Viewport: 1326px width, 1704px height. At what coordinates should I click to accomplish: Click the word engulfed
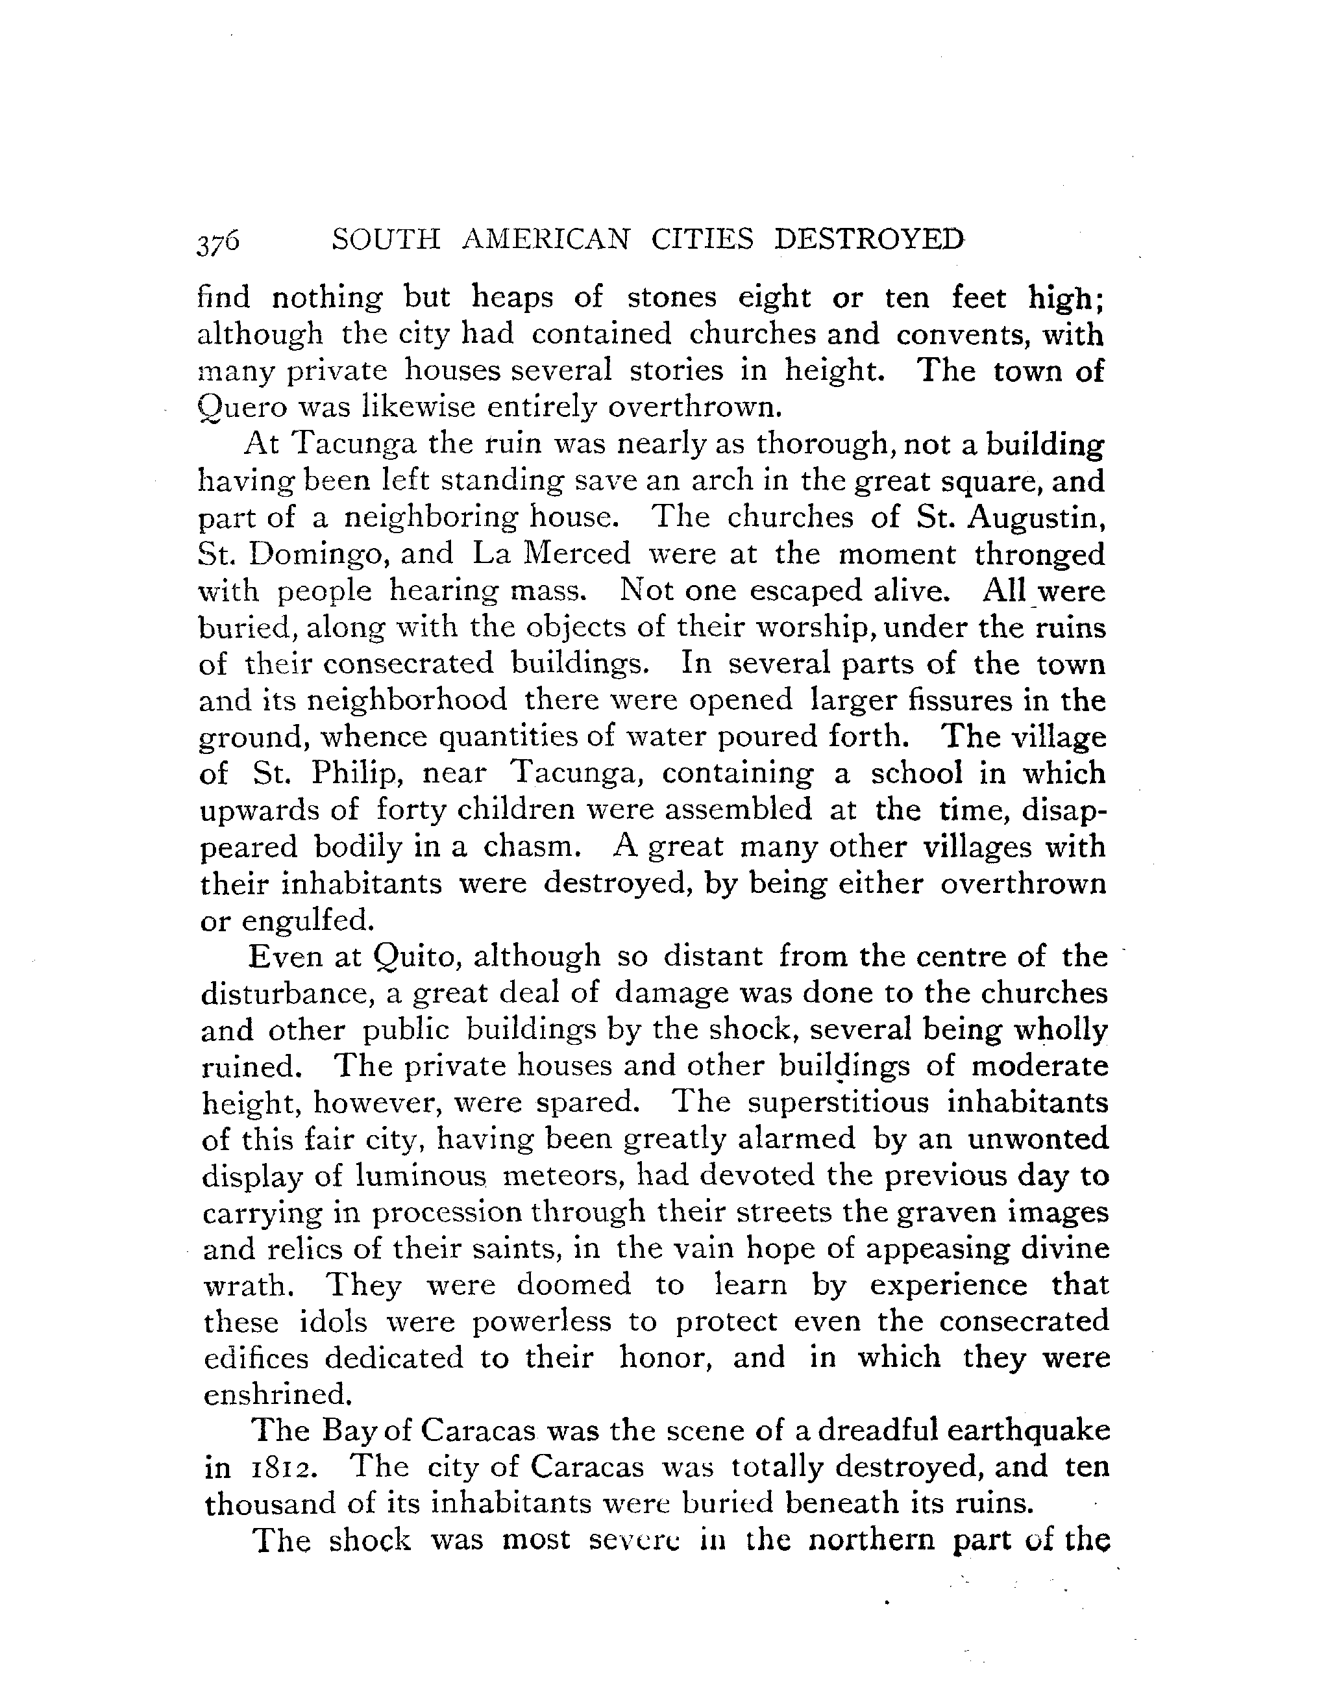click(x=308, y=921)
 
